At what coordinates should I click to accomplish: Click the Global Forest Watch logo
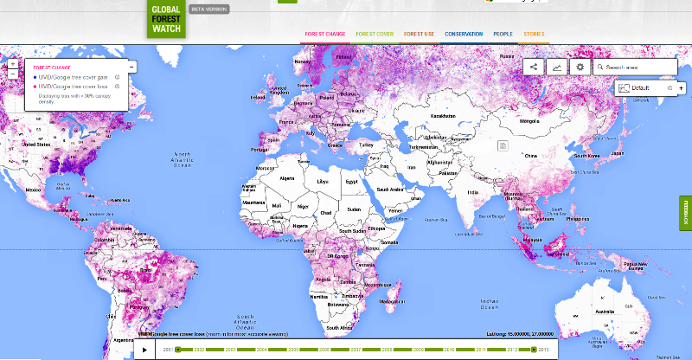tap(166, 17)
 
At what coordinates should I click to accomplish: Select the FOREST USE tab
tap(419, 34)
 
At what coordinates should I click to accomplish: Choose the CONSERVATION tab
tap(464, 34)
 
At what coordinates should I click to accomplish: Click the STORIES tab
tap(534, 34)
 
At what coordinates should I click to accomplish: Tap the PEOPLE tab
tap(503, 34)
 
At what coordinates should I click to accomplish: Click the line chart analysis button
tap(556, 67)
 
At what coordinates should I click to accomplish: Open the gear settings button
tap(580, 67)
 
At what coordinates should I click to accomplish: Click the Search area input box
tap(638, 67)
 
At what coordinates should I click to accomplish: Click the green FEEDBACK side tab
tap(686, 212)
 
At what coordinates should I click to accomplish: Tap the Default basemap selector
tap(639, 87)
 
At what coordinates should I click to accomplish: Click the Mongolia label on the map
tap(529, 122)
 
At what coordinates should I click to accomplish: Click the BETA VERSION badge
tap(208, 9)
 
